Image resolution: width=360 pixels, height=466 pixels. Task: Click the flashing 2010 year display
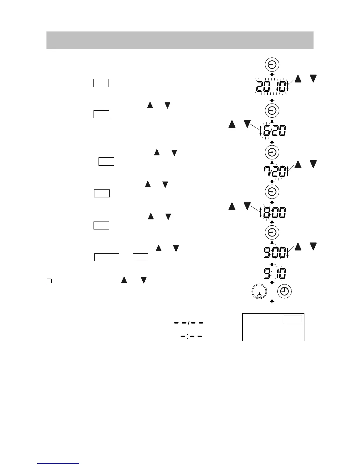click(271, 86)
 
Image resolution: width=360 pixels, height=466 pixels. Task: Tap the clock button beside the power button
click(284, 291)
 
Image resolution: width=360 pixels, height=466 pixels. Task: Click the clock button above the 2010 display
click(272, 65)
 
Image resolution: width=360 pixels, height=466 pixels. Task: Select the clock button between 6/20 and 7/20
click(272, 152)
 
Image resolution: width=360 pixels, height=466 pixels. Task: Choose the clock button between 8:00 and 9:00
click(272, 232)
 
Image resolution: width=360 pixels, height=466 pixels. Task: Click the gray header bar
click(180, 40)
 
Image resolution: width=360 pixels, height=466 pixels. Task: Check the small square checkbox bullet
click(49, 281)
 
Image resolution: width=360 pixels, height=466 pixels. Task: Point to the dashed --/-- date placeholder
click(189, 323)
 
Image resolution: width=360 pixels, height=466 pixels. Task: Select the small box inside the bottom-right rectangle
click(292, 319)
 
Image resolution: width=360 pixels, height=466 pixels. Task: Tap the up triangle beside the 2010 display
click(298, 79)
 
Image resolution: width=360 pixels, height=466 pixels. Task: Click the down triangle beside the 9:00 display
click(314, 247)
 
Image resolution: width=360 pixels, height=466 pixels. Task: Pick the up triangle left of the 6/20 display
click(232, 124)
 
